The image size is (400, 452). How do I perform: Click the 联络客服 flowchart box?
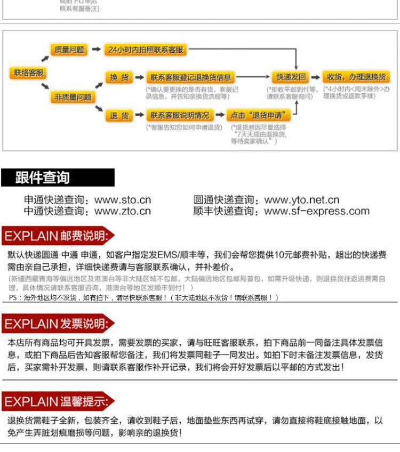[x=28, y=73]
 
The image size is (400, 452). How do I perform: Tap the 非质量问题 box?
[x=73, y=97]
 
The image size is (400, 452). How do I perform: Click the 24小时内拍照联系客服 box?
[x=146, y=50]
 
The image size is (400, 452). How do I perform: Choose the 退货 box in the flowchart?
[x=119, y=115]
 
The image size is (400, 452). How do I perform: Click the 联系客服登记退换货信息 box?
[x=190, y=77]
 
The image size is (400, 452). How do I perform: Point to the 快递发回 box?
[x=291, y=77]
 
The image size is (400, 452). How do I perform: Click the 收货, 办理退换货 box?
[x=356, y=77]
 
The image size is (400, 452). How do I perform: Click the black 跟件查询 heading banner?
[x=58, y=177]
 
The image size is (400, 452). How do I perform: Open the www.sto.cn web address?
[x=123, y=200]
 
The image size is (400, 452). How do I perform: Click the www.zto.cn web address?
[x=123, y=212]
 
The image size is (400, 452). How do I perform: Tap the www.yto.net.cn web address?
[x=302, y=200]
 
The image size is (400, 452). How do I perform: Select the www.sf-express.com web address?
[x=317, y=212]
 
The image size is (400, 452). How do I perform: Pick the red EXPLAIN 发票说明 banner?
[x=58, y=324]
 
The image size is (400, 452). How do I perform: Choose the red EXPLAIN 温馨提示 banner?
[x=58, y=401]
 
